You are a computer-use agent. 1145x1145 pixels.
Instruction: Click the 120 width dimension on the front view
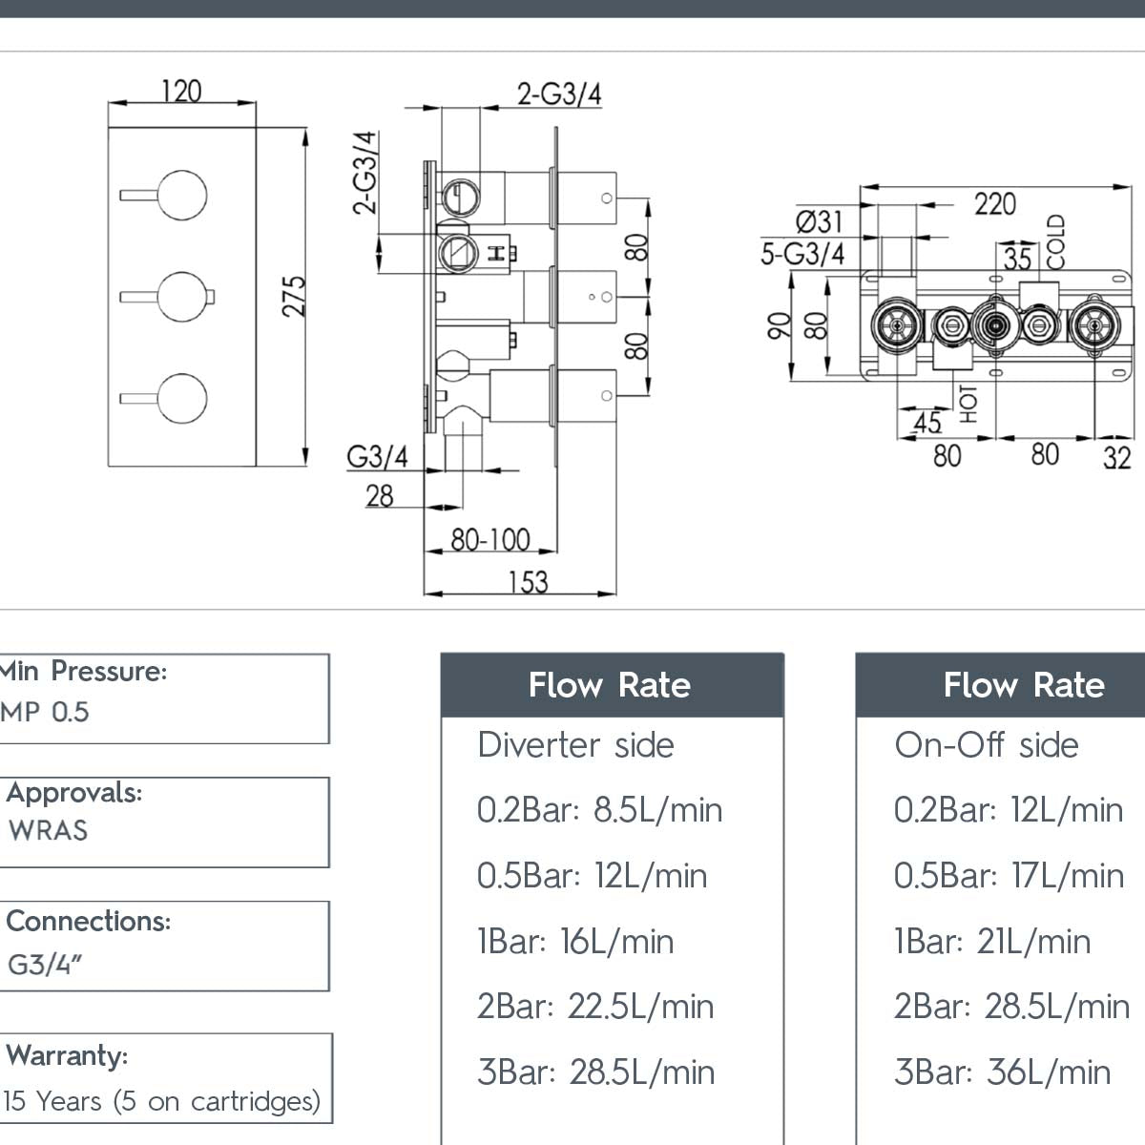point(181,91)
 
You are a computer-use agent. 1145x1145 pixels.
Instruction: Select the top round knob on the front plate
point(182,196)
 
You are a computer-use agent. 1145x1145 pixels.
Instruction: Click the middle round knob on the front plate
point(182,297)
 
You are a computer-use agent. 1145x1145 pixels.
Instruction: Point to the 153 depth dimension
point(528,580)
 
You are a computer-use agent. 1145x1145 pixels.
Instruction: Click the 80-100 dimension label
point(489,539)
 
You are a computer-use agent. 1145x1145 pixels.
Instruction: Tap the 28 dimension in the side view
point(379,495)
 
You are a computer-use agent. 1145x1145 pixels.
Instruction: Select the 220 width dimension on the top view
point(994,203)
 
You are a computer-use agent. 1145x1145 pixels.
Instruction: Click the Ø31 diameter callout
point(819,221)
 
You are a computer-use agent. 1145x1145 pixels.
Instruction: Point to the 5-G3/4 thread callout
point(802,254)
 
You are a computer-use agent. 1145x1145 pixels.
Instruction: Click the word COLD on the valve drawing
point(1054,241)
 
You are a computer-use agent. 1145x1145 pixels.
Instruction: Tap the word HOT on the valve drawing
point(968,404)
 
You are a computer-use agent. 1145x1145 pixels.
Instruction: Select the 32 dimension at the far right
point(1117,458)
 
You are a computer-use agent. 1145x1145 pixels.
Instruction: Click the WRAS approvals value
point(48,830)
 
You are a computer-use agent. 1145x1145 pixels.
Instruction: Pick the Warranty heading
point(67,1055)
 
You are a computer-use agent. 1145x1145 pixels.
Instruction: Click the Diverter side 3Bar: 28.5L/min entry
point(595,1072)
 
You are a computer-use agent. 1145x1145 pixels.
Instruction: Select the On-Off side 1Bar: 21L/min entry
point(991,941)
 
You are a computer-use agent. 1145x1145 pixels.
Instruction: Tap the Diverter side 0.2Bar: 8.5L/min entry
point(599,810)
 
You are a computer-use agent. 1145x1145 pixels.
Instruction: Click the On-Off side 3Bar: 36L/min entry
point(1002,1072)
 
